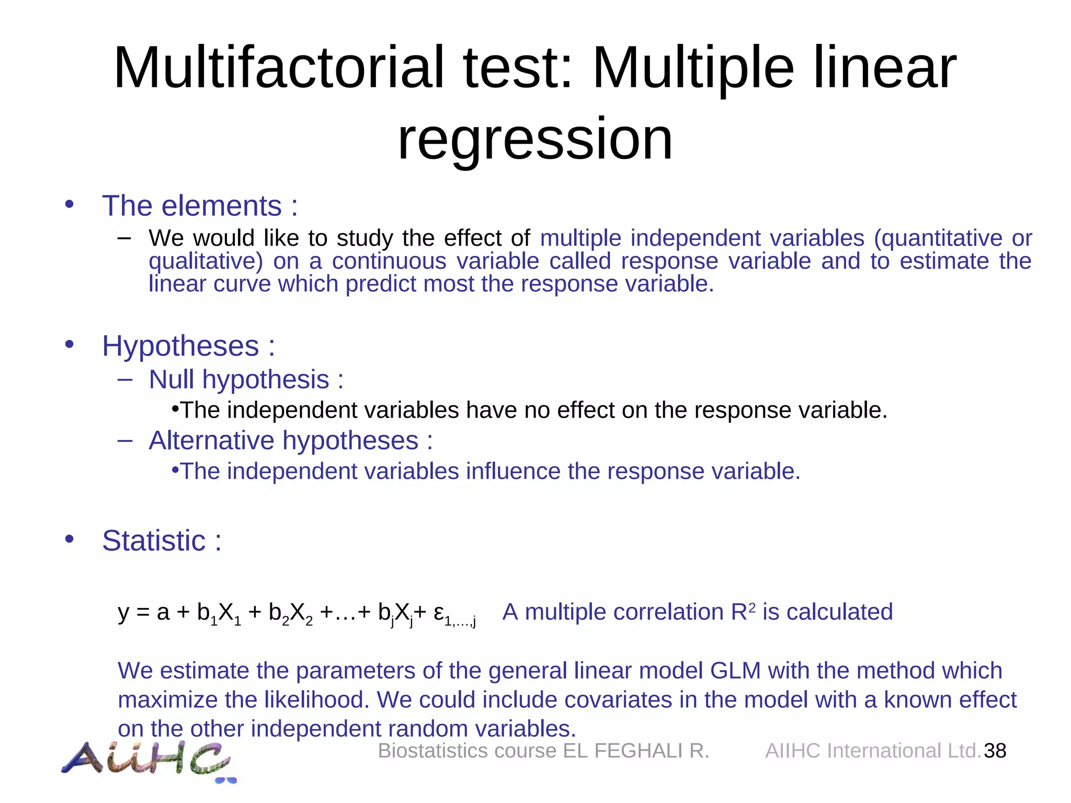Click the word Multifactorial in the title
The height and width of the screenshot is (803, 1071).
tap(278, 68)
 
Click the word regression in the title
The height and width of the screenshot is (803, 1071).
tap(535, 139)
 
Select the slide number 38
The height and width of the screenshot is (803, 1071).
tap(995, 751)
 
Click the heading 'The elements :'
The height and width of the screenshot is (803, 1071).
tap(200, 205)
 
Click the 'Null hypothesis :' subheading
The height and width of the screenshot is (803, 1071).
tap(246, 379)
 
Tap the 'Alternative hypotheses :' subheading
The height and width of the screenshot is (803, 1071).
tap(290, 440)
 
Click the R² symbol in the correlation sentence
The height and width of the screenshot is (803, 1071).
tap(743, 611)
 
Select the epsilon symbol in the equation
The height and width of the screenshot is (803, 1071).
tap(439, 612)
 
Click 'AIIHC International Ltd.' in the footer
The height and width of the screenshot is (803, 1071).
tap(872, 751)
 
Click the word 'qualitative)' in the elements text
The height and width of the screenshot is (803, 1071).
tap(206, 261)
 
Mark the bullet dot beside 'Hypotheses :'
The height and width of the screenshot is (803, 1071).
tap(69, 345)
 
